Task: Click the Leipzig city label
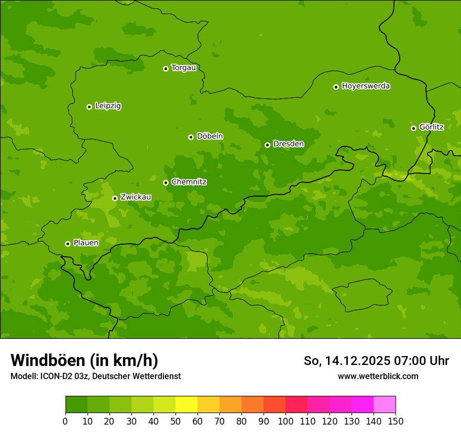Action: click(108, 106)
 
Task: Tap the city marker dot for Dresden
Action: click(267, 145)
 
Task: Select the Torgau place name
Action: click(183, 68)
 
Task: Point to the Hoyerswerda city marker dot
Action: click(336, 87)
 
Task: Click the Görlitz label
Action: click(431, 127)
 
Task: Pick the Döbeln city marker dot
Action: click(191, 137)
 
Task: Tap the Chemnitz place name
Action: click(189, 182)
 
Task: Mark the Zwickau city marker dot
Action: click(115, 198)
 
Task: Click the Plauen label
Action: click(86, 243)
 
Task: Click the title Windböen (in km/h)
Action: click(84, 360)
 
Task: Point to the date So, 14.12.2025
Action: click(347, 361)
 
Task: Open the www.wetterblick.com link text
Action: click(378, 376)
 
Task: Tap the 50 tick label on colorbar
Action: click(175, 421)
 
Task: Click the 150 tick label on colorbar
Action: click(396, 421)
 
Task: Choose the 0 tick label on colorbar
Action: click(65, 421)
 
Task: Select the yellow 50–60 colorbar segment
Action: click(186, 404)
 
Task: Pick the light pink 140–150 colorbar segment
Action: click(385, 404)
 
